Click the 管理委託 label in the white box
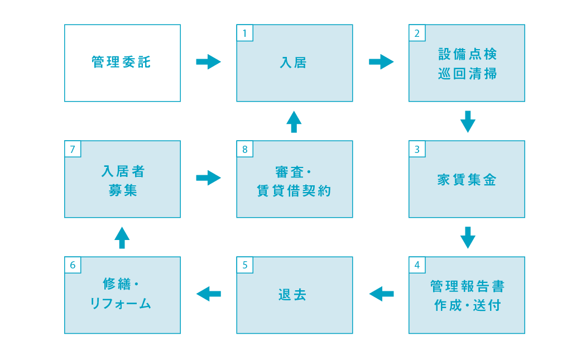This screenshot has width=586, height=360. click(x=121, y=62)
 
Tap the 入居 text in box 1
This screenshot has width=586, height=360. click(x=294, y=63)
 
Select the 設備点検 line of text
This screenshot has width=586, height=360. click(x=468, y=54)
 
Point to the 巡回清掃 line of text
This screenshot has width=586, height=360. click(x=468, y=74)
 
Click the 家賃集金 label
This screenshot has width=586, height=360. click(x=467, y=180)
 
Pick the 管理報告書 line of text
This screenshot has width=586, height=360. click(x=468, y=286)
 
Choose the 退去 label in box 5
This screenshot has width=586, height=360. click(x=292, y=295)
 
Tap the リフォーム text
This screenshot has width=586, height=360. click(x=121, y=304)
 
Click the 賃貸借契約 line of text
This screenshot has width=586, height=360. click(x=294, y=191)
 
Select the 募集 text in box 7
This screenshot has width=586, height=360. click(x=123, y=190)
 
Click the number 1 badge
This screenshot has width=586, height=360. click(x=245, y=33)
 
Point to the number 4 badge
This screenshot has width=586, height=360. click(x=417, y=265)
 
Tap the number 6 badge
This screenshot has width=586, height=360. click(x=73, y=265)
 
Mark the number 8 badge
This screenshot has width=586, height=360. click(x=245, y=149)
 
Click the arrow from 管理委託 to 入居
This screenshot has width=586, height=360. click(x=209, y=62)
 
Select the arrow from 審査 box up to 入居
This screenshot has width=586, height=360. click(x=294, y=122)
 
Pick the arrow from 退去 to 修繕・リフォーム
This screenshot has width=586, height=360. click(x=209, y=294)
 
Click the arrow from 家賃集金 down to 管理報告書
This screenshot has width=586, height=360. click(x=468, y=237)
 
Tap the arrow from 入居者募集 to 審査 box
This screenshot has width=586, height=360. click(x=209, y=177)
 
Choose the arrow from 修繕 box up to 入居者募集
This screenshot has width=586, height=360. click(x=122, y=238)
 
